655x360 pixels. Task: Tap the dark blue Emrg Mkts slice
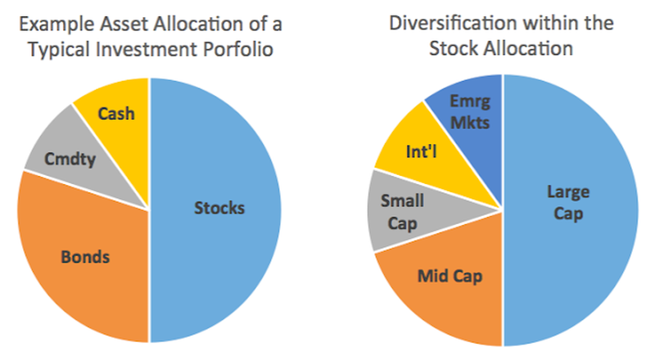[x=468, y=102]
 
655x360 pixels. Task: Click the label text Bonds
[x=85, y=257]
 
